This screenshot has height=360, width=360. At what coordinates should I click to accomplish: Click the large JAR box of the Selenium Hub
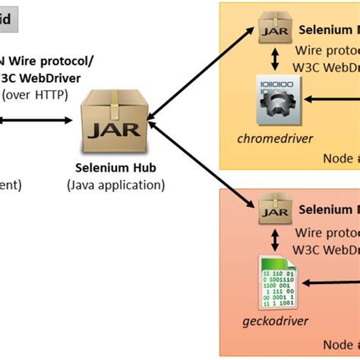coord(115,121)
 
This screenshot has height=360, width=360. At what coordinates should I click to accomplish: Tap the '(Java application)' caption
coord(115,184)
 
